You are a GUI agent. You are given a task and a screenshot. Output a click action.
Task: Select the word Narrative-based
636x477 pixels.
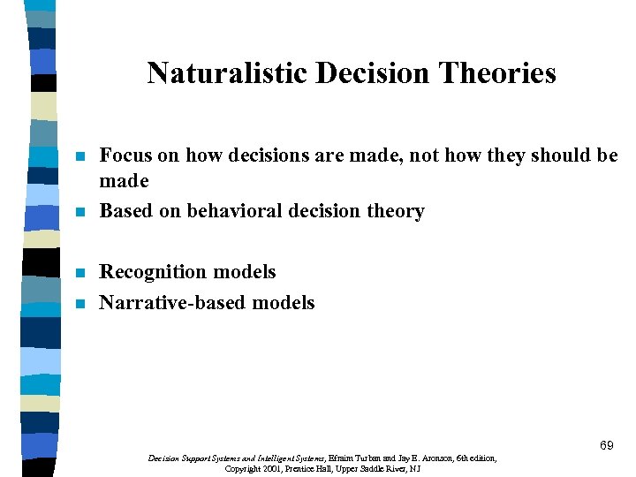(173, 302)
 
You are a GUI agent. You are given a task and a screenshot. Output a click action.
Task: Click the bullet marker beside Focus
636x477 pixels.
(79, 157)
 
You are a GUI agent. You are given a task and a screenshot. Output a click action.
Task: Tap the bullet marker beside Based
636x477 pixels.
(79, 212)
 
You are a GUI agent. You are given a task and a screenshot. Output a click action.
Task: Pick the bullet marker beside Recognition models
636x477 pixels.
(79, 273)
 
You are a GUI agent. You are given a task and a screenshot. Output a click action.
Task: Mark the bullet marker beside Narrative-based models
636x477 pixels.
(79, 304)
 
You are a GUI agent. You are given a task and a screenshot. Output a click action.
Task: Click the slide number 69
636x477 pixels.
(606, 445)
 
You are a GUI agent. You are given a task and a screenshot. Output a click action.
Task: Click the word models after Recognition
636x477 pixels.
(246, 272)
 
